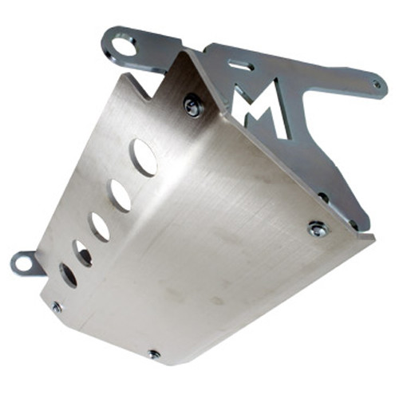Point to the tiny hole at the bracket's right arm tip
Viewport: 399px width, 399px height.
click(376, 82)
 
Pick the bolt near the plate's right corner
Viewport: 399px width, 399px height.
click(317, 229)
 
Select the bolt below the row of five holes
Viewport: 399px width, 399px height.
click(57, 306)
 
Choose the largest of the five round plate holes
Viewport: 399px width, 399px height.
click(144, 157)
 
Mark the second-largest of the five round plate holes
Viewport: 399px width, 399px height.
click(120, 195)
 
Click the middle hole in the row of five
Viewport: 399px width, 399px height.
click(100, 227)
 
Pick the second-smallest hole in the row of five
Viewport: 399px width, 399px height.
click(83, 252)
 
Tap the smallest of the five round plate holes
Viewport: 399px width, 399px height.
click(69, 275)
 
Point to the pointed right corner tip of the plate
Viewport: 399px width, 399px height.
click(373, 235)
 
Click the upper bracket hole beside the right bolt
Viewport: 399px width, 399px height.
click(322, 196)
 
